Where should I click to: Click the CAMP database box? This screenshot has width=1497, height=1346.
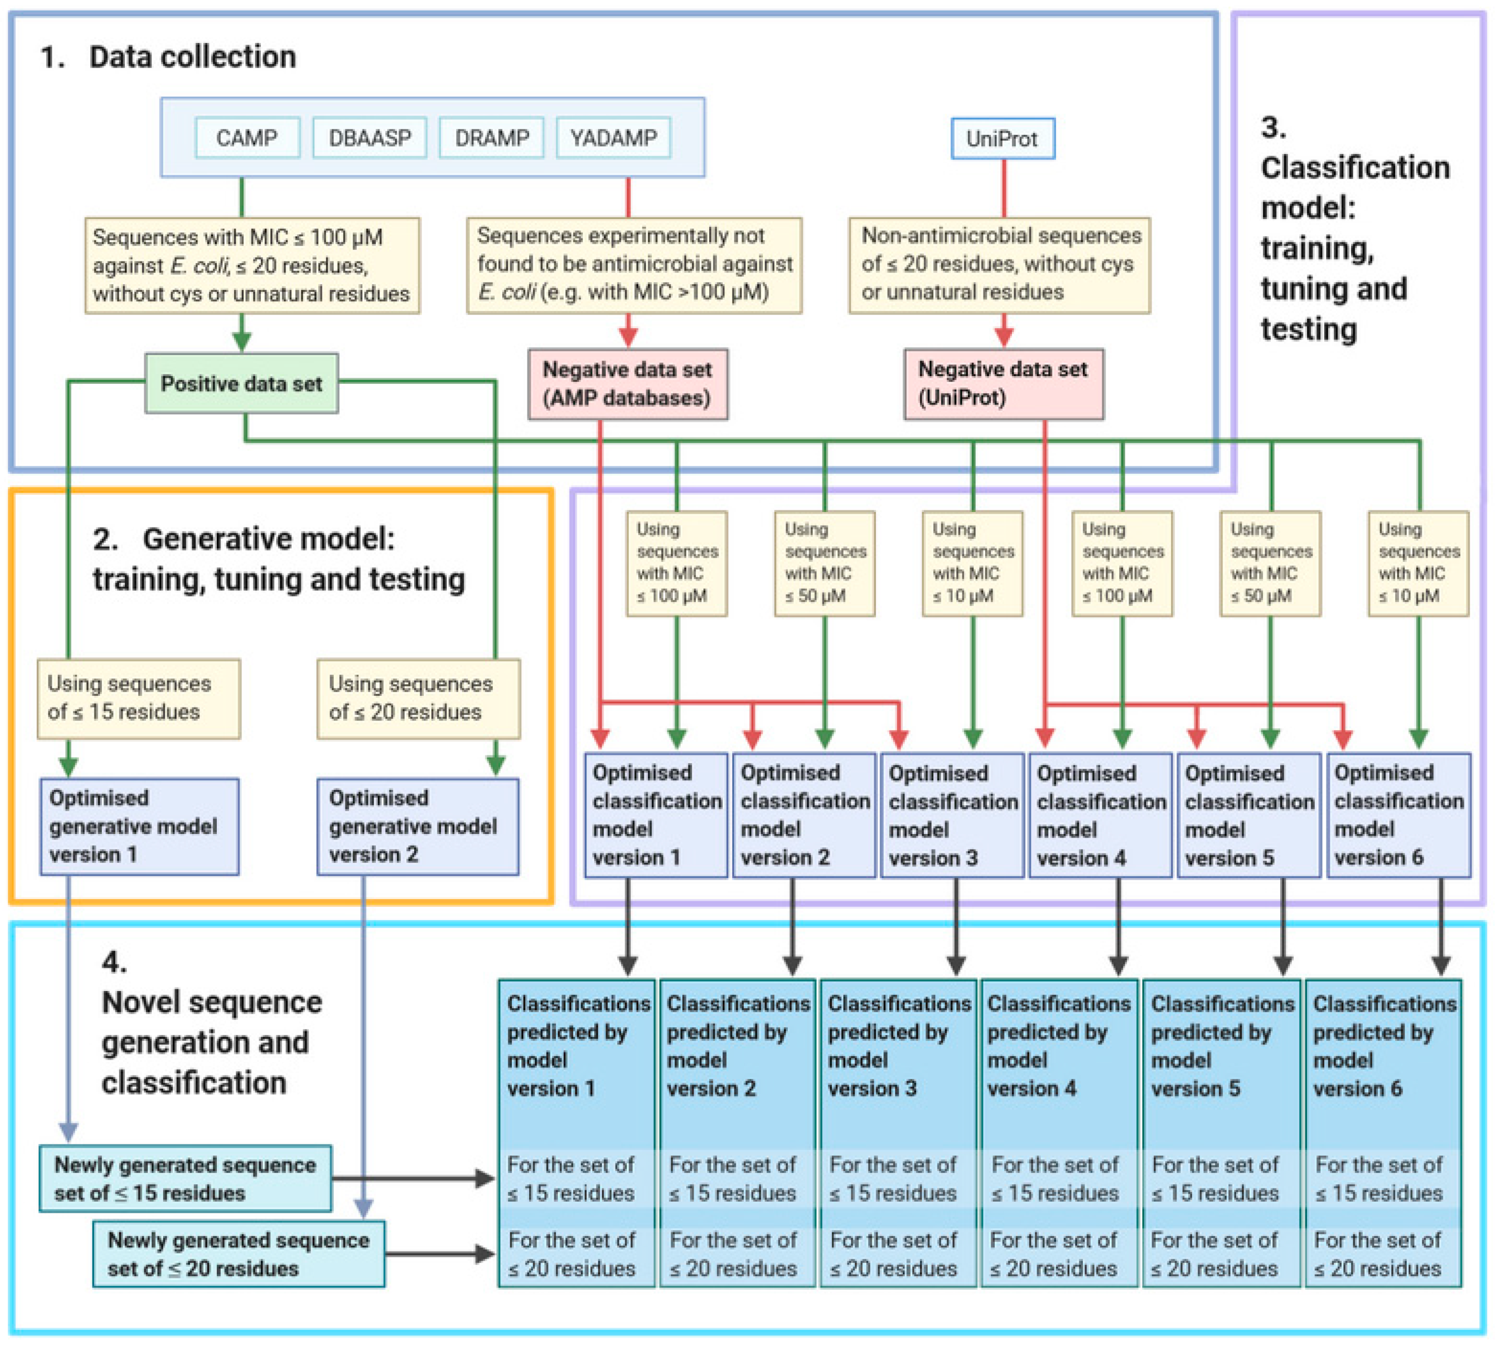click(x=247, y=138)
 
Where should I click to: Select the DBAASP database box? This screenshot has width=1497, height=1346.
click(x=369, y=138)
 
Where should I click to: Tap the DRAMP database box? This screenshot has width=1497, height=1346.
click(x=492, y=138)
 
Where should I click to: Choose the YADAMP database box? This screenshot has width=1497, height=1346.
click(x=613, y=138)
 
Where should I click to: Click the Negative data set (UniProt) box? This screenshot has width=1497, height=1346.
click(x=1003, y=384)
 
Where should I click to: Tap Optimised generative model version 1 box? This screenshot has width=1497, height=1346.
click(x=139, y=826)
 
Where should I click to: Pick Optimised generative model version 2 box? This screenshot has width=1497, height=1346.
click(x=418, y=826)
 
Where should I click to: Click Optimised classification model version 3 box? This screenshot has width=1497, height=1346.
click(x=952, y=815)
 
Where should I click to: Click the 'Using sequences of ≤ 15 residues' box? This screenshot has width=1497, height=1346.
click(x=139, y=698)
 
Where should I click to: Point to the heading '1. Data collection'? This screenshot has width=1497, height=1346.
click(x=168, y=57)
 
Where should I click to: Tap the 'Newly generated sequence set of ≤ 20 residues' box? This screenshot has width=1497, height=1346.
click(x=238, y=1254)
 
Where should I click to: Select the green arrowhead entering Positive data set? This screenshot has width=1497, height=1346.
click(x=242, y=341)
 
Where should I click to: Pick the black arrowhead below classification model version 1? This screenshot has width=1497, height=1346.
click(x=628, y=964)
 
